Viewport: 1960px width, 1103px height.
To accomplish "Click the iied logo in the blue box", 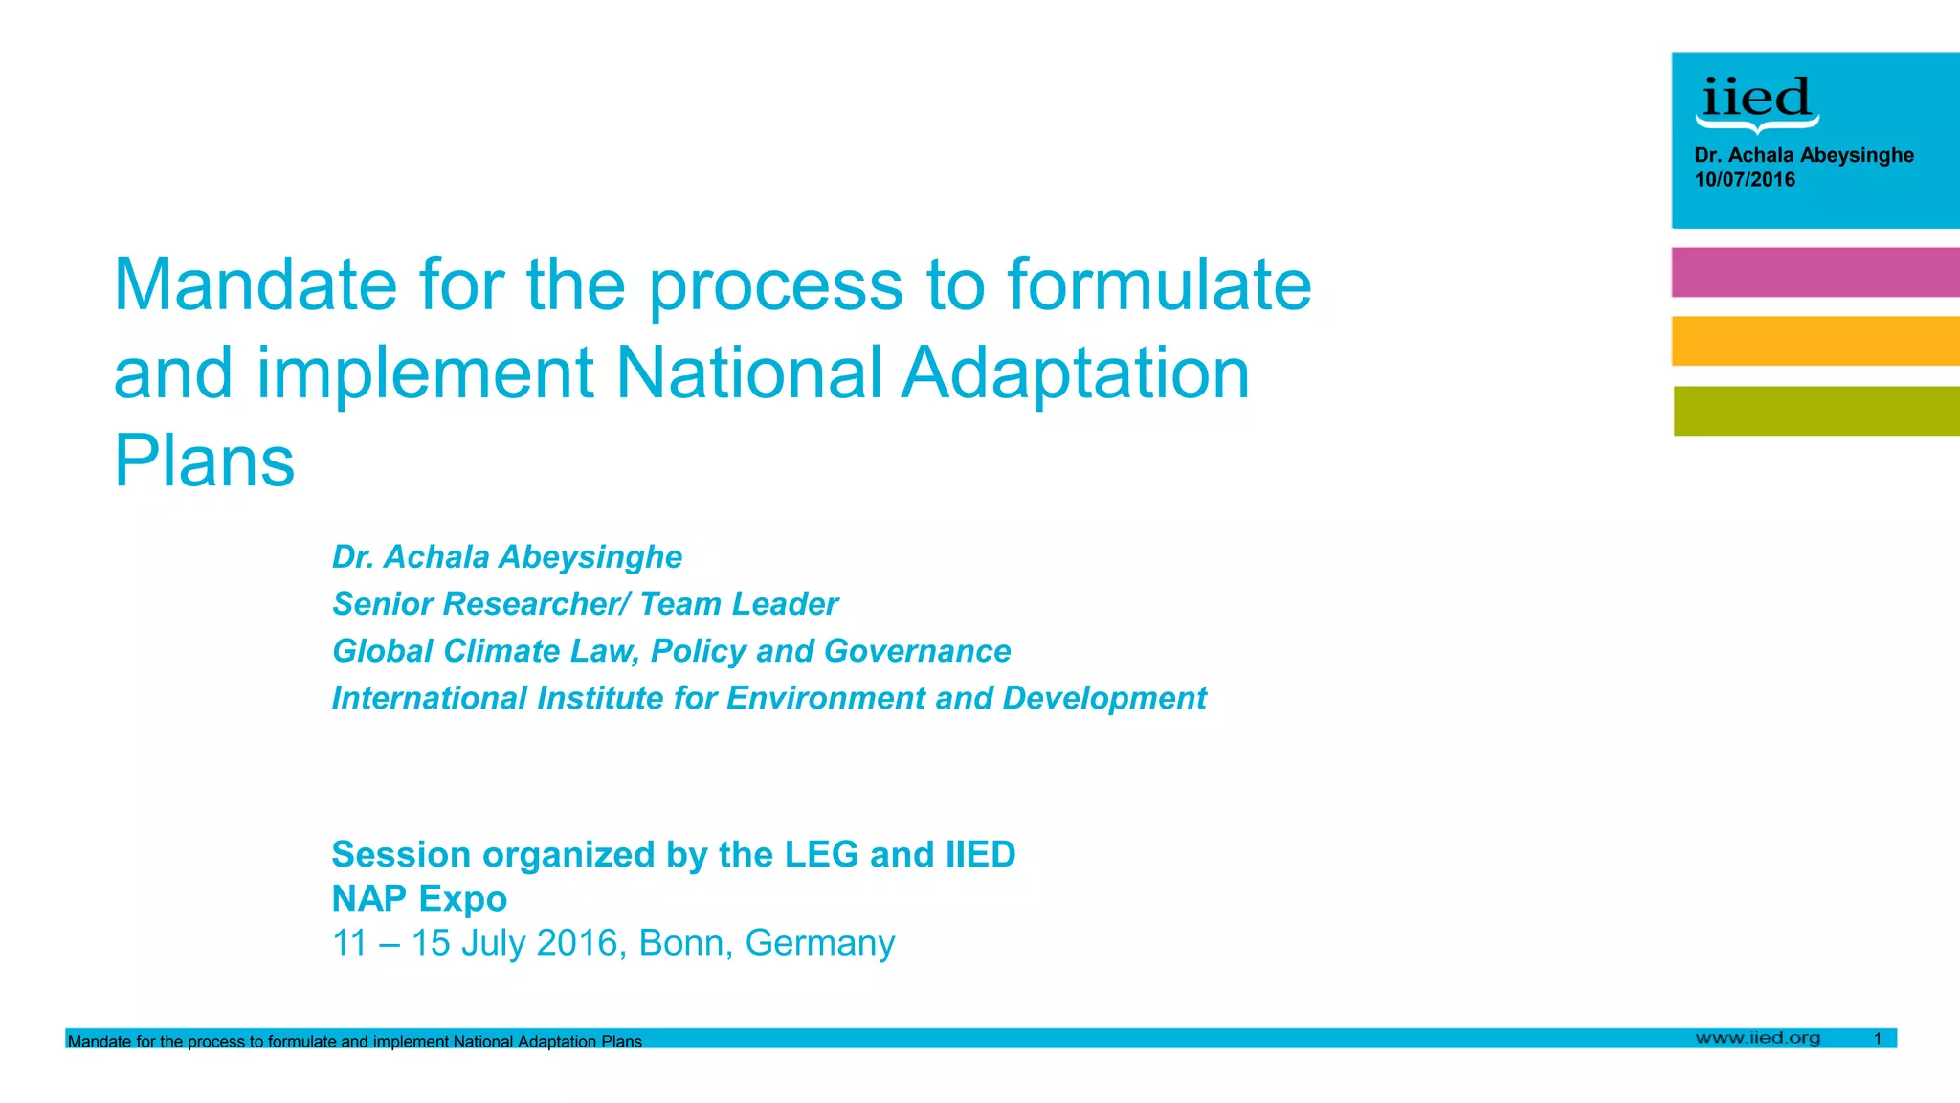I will [1756, 101].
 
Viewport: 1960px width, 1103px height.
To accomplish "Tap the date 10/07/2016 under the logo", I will [1745, 180].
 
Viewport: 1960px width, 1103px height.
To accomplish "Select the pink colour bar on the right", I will [1815, 272].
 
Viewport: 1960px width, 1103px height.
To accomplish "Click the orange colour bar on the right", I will [1815, 341].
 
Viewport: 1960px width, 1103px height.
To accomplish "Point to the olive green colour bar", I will [1816, 411].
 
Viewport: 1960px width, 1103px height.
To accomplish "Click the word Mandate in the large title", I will [255, 285].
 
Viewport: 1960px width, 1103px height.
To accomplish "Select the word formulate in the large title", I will [1159, 285].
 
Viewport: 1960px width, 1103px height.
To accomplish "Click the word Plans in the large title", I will [204, 461].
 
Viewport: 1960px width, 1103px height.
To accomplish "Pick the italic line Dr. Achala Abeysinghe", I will [506, 557].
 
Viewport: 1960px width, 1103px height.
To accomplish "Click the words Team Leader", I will [738, 604].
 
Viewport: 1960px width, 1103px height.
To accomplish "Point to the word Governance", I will [917, 651].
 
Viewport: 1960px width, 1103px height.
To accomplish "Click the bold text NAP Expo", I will [419, 899].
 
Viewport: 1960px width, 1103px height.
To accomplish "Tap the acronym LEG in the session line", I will [821, 855].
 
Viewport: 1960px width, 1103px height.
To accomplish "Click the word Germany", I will [820, 944].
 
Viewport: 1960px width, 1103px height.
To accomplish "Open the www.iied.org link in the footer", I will [1757, 1038].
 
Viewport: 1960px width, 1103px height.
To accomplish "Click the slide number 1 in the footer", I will [1878, 1039].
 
